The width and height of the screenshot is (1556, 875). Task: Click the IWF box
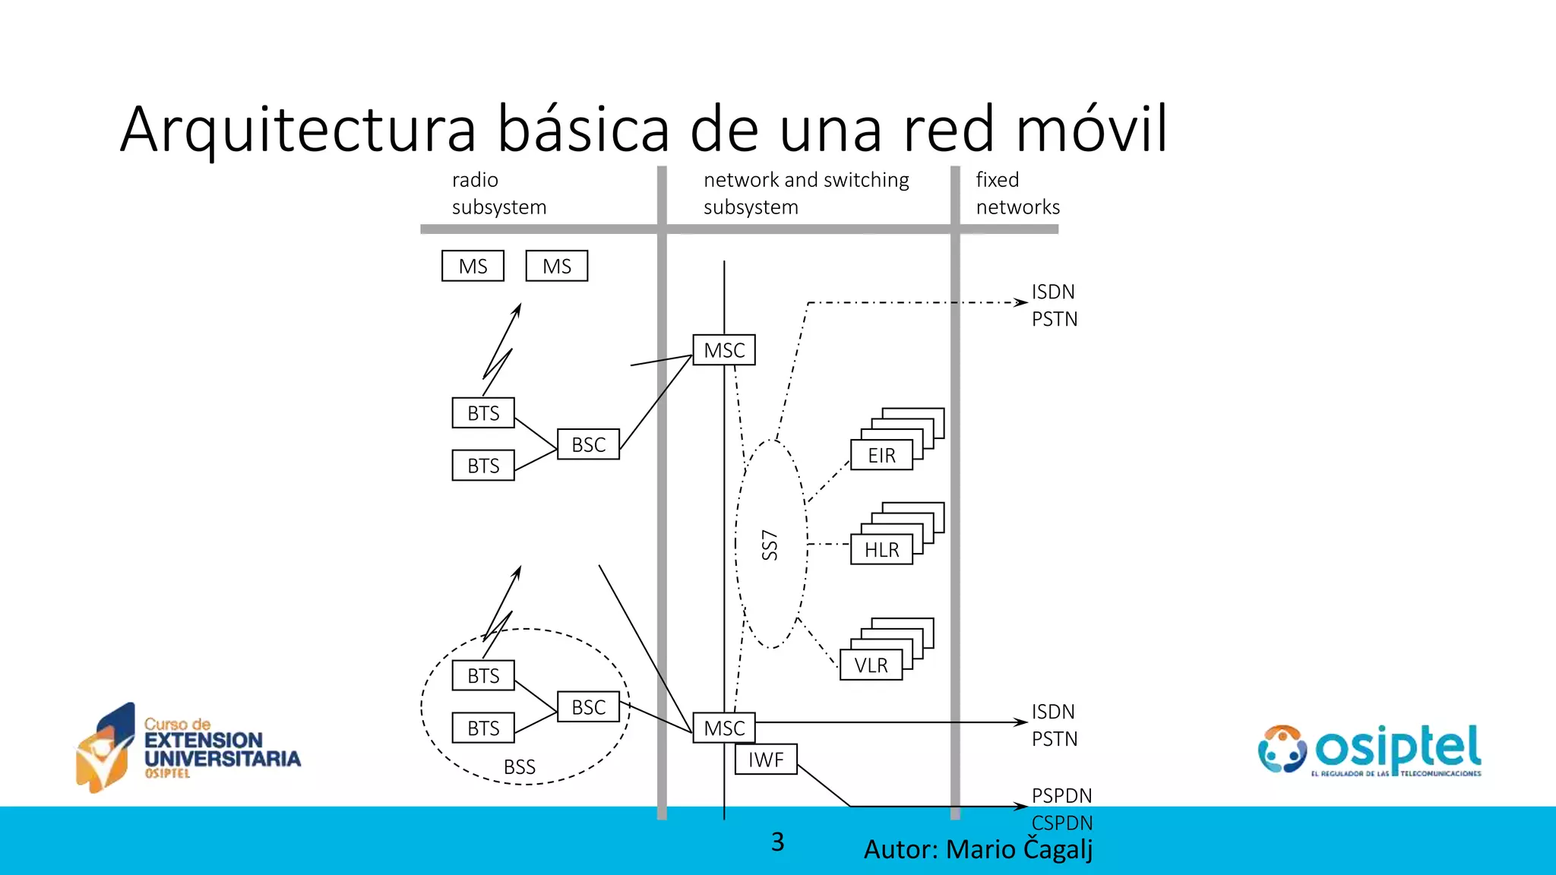[x=766, y=759]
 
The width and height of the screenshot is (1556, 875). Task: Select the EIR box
[x=881, y=455]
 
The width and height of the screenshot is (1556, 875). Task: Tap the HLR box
[x=881, y=549]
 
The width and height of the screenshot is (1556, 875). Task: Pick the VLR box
[x=871, y=665]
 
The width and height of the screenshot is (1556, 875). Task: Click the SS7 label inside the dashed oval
[x=770, y=545]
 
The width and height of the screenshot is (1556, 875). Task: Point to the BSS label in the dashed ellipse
[x=520, y=767]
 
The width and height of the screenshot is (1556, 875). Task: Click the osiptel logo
[x=1370, y=749]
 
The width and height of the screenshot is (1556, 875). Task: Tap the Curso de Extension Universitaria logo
[x=189, y=747]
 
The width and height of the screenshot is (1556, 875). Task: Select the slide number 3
[x=777, y=842]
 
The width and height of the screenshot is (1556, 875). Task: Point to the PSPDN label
[x=1061, y=795]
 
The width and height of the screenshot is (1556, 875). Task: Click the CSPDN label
[x=1061, y=823]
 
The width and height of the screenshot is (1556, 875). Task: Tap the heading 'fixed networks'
[x=1017, y=193]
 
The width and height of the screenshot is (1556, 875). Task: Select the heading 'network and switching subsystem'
[x=805, y=193]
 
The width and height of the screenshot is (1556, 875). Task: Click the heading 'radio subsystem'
[x=498, y=193]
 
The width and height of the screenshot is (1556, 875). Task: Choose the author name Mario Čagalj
[x=1019, y=849]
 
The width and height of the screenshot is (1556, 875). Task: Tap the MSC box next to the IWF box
[x=724, y=728]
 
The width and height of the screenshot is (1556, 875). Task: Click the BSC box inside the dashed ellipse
[x=588, y=707]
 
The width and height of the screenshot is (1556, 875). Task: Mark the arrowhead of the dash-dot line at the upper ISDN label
[x=1023, y=302]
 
